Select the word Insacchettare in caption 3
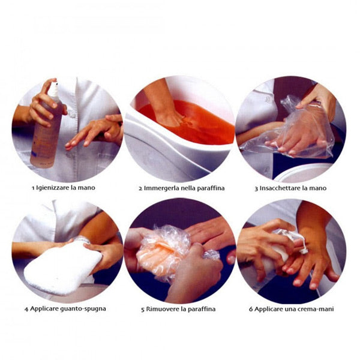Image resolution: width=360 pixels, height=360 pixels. [x=280, y=188]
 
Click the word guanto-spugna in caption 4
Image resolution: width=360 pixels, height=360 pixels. [x=83, y=309]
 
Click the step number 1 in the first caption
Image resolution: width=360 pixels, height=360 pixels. [x=33, y=188]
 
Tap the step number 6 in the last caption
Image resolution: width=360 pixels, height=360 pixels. [x=251, y=309]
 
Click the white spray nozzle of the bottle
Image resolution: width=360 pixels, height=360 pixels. [x=54, y=90]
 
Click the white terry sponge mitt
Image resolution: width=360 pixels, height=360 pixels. [x=62, y=268]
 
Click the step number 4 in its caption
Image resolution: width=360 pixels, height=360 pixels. [x=26, y=309]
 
